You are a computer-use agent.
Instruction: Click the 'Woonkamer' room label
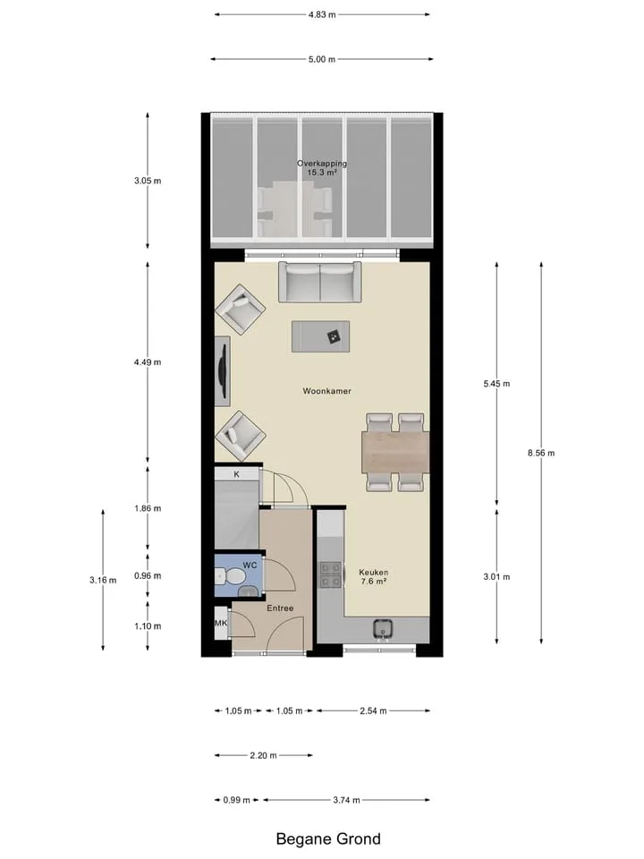click(327, 391)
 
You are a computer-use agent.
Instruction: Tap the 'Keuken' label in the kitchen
click(374, 573)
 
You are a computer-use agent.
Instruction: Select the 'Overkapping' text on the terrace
click(322, 163)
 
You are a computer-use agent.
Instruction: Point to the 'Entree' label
click(280, 608)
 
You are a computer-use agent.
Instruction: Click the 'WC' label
click(250, 566)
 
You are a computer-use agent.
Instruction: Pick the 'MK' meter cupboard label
click(221, 623)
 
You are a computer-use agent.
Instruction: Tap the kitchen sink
click(383, 630)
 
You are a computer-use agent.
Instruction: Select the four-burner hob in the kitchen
click(331, 574)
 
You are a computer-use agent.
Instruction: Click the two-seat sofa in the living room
click(320, 282)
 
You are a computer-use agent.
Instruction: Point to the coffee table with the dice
click(321, 336)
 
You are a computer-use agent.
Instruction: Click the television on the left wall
click(222, 370)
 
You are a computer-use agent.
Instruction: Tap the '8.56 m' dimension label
click(541, 453)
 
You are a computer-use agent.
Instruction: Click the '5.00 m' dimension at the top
click(322, 59)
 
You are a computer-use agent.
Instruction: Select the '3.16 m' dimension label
click(103, 580)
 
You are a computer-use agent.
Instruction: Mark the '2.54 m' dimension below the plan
click(374, 711)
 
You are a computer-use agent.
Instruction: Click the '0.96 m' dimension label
click(148, 575)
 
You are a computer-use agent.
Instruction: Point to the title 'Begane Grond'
click(328, 838)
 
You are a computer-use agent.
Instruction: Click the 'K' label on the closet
click(236, 474)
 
